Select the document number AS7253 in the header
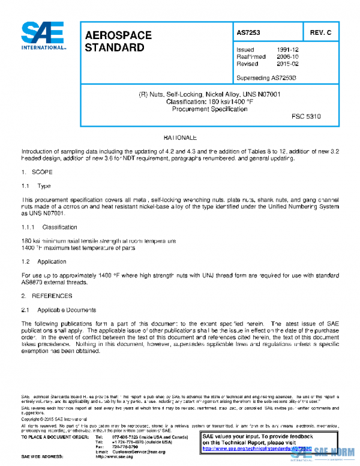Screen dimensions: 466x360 tap(248, 32)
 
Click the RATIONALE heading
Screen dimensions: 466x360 tap(180, 138)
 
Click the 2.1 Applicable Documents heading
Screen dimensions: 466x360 tap(58, 310)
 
